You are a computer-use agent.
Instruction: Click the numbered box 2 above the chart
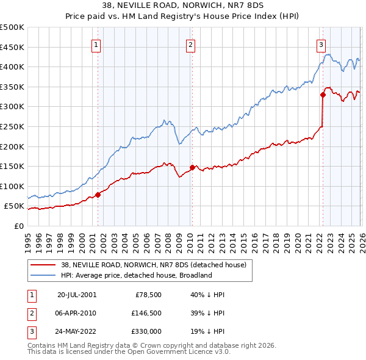click(x=191, y=44)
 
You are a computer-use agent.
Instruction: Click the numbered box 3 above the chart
click(x=321, y=44)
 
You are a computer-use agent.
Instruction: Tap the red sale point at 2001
click(x=98, y=195)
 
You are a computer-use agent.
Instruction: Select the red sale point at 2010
click(x=192, y=167)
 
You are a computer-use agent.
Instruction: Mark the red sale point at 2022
click(x=323, y=95)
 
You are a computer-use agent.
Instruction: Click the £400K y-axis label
click(x=12, y=67)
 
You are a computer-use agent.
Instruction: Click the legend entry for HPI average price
click(x=135, y=275)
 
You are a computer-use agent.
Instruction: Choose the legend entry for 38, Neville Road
click(x=152, y=265)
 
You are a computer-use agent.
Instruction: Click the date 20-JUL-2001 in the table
click(x=77, y=294)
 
